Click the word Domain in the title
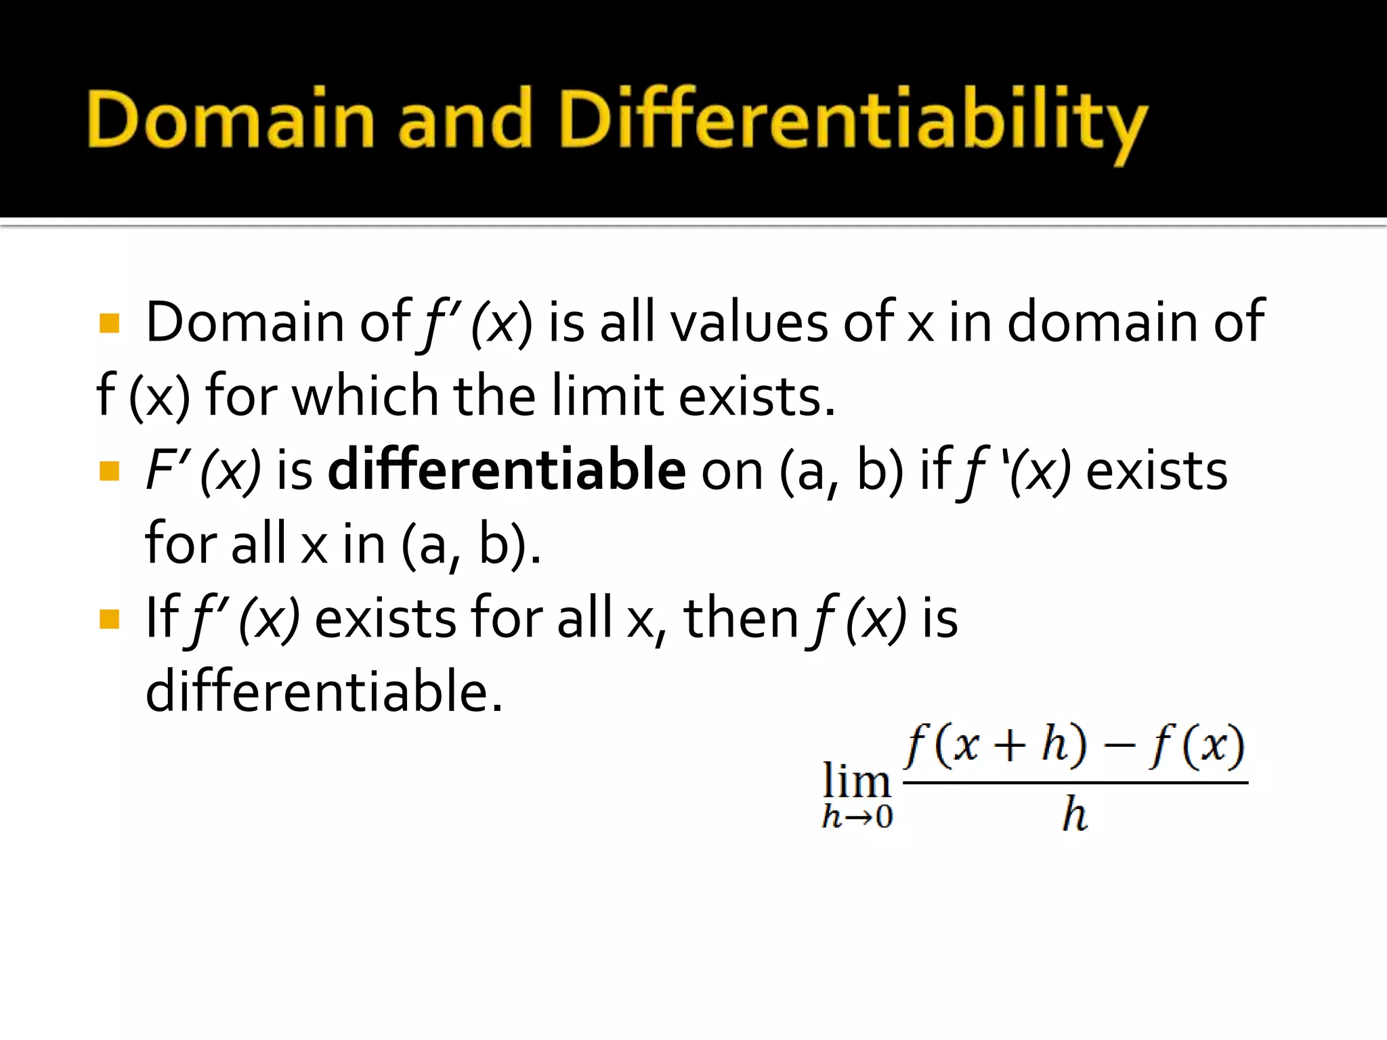230,119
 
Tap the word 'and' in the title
465,119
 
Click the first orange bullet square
109,323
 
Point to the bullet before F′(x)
109,471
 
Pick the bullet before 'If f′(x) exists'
109,619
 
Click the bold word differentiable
507,470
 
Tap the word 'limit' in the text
607,396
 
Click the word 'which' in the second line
365,396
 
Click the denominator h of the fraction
1075,815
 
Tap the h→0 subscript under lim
857,817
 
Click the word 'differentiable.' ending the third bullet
324,692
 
